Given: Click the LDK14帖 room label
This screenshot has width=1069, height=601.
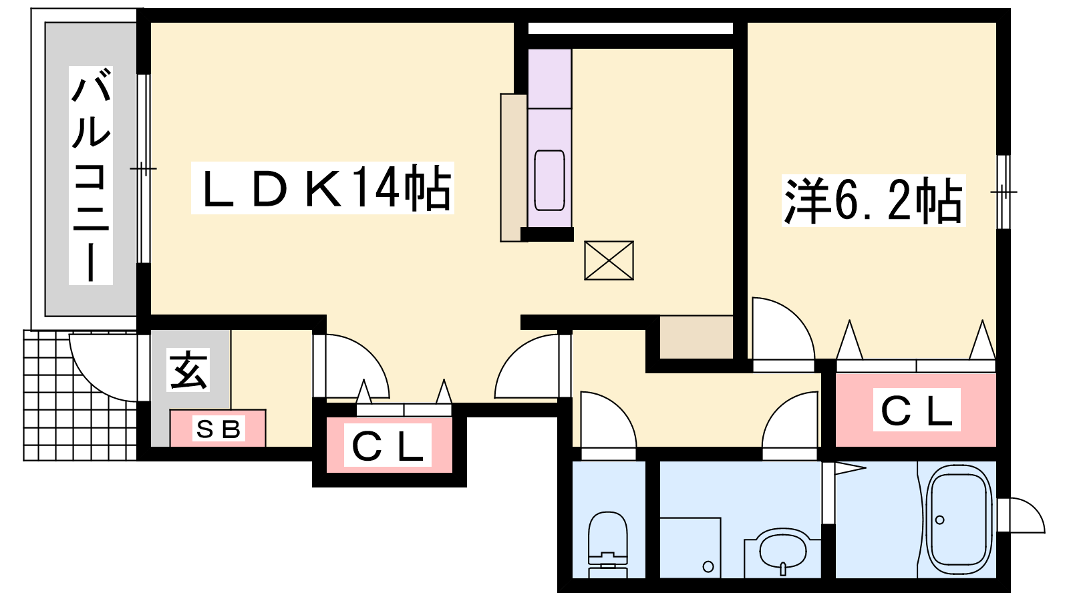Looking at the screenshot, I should pyautogui.click(x=323, y=188).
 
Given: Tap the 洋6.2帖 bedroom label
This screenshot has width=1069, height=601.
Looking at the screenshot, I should pyautogui.click(x=873, y=200).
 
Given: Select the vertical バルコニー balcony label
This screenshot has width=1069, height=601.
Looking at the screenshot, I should pyautogui.click(x=91, y=176).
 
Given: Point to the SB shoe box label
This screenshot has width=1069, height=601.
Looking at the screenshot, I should pyautogui.click(x=218, y=429).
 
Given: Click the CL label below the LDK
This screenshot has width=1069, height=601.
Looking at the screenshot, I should pyautogui.click(x=388, y=446).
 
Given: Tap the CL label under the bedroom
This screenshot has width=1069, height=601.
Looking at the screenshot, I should pyautogui.click(x=916, y=410).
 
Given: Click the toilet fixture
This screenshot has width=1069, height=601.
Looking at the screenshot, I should pyautogui.click(x=607, y=544).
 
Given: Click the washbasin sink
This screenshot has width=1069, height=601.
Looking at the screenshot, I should pyautogui.click(x=783, y=550).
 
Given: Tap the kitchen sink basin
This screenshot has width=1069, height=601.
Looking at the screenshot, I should pyautogui.click(x=549, y=180).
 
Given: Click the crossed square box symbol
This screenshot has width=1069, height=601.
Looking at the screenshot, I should pyautogui.click(x=609, y=260).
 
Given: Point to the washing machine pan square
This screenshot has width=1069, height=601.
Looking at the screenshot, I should pyautogui.click(x=690, y=547).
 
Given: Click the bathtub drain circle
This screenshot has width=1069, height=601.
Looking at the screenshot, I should pyautogui.click(x=940, y=520).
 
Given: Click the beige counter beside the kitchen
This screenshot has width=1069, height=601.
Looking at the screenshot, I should pyautogui.click(x=514, y=167).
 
